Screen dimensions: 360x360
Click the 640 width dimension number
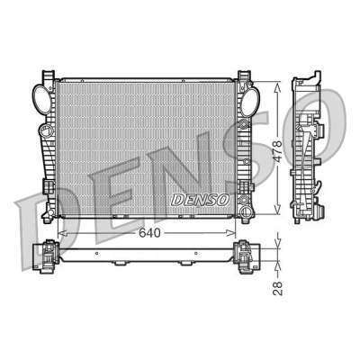pos(149,233)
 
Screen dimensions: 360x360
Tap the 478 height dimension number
pos(277,148)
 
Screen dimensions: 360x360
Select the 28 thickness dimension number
pos(278,288)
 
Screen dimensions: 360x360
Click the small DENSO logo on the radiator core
pos(200,200)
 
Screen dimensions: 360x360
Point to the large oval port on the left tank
pos(42,99)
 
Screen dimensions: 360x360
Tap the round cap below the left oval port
pos(46,131)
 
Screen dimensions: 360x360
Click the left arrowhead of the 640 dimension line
pos(61,233)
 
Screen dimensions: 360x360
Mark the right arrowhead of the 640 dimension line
pos(231,233)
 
